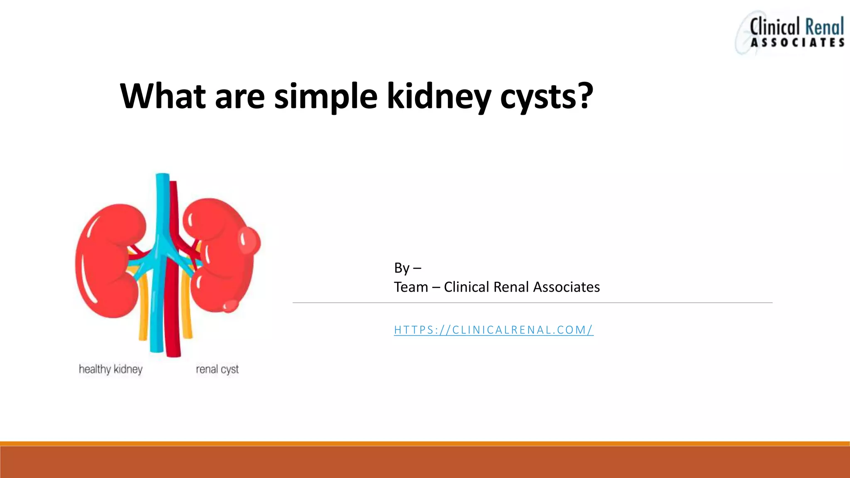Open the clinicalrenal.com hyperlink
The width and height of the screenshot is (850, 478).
pos(493,330)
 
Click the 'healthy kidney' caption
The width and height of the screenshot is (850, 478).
pos(111,369)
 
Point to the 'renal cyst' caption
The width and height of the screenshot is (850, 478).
pos(217,369)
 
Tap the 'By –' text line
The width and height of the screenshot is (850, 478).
pos(407,268)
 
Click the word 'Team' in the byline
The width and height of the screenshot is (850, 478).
pos(410,287)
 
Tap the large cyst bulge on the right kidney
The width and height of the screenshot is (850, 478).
pos(249,241)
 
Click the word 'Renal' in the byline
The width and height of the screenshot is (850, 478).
pos(512,287)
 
